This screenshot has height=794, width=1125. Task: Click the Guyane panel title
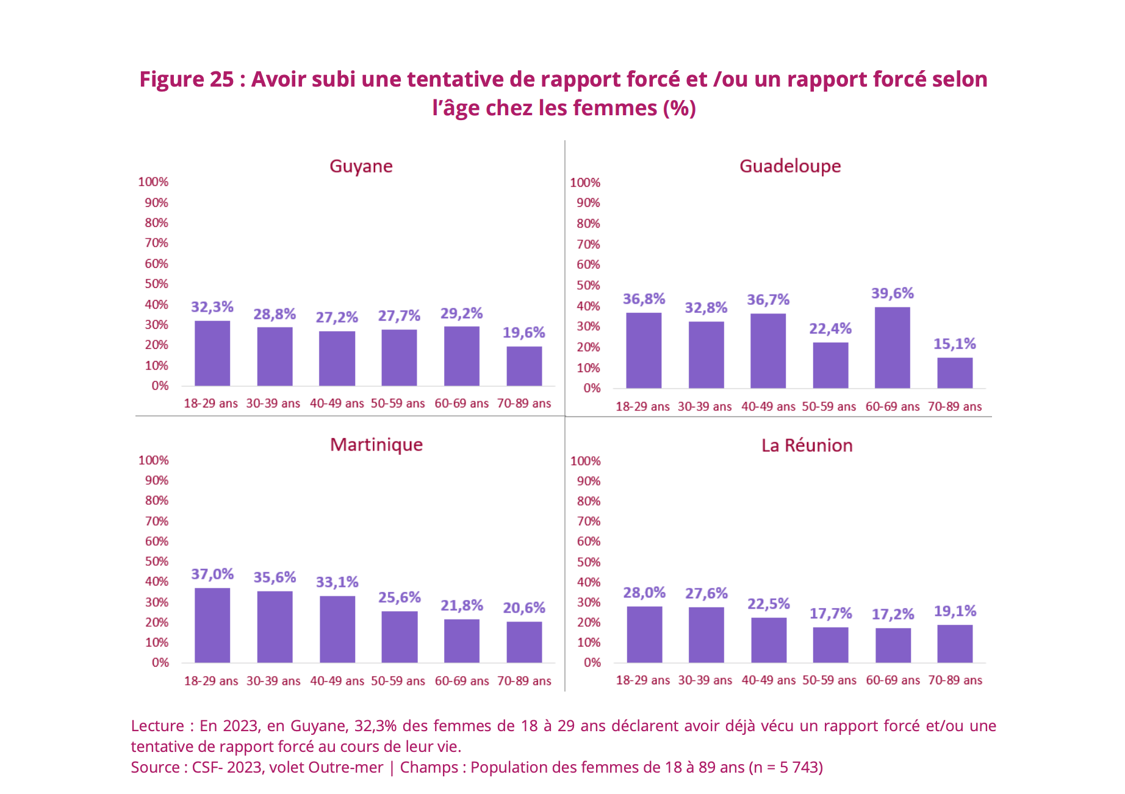361,166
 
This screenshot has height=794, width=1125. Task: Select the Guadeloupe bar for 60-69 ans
892,348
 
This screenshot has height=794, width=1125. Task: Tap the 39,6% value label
892,293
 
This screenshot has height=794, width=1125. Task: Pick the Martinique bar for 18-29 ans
212,625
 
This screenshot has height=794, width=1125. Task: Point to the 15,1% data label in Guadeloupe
954,344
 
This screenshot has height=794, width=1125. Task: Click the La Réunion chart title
807,445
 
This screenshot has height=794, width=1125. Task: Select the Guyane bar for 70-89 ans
524,366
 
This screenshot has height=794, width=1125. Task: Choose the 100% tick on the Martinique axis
153,460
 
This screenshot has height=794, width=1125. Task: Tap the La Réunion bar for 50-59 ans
830,645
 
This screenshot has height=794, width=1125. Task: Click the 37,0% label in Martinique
212,574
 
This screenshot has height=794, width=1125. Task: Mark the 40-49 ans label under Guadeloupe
768,407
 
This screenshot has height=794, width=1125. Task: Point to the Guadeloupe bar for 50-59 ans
830,365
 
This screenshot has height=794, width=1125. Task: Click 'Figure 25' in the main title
186,79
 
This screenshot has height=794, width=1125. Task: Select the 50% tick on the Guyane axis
156,284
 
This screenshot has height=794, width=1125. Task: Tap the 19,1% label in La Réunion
955,611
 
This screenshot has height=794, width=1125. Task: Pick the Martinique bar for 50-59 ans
400,637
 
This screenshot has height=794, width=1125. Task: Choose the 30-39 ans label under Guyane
273,404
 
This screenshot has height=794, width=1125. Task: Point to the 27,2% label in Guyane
337,317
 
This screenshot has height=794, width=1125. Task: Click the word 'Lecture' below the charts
157,726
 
